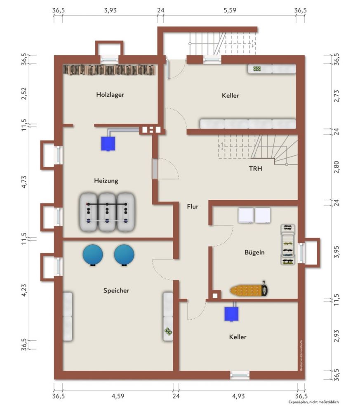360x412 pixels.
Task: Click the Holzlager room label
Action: point(110,94)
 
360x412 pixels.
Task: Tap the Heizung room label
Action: point(106,180)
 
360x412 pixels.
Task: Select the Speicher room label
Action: point(116,290)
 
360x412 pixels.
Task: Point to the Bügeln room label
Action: point(254,252)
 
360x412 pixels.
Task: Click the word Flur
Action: point(192,206)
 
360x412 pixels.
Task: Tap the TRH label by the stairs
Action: point(256,169)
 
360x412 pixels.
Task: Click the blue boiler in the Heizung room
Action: point(108,143)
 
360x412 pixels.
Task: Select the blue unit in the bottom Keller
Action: point(231,314)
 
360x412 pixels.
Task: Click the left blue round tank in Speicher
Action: point(93,255)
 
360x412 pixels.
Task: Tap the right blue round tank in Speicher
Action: point(124,255)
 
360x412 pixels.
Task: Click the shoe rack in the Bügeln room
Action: point(287,244)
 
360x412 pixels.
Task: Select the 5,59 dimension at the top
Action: point(230,10)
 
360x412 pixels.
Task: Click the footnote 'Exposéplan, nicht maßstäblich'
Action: point(313,402)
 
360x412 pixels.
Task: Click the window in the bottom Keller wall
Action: point(240,375)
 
